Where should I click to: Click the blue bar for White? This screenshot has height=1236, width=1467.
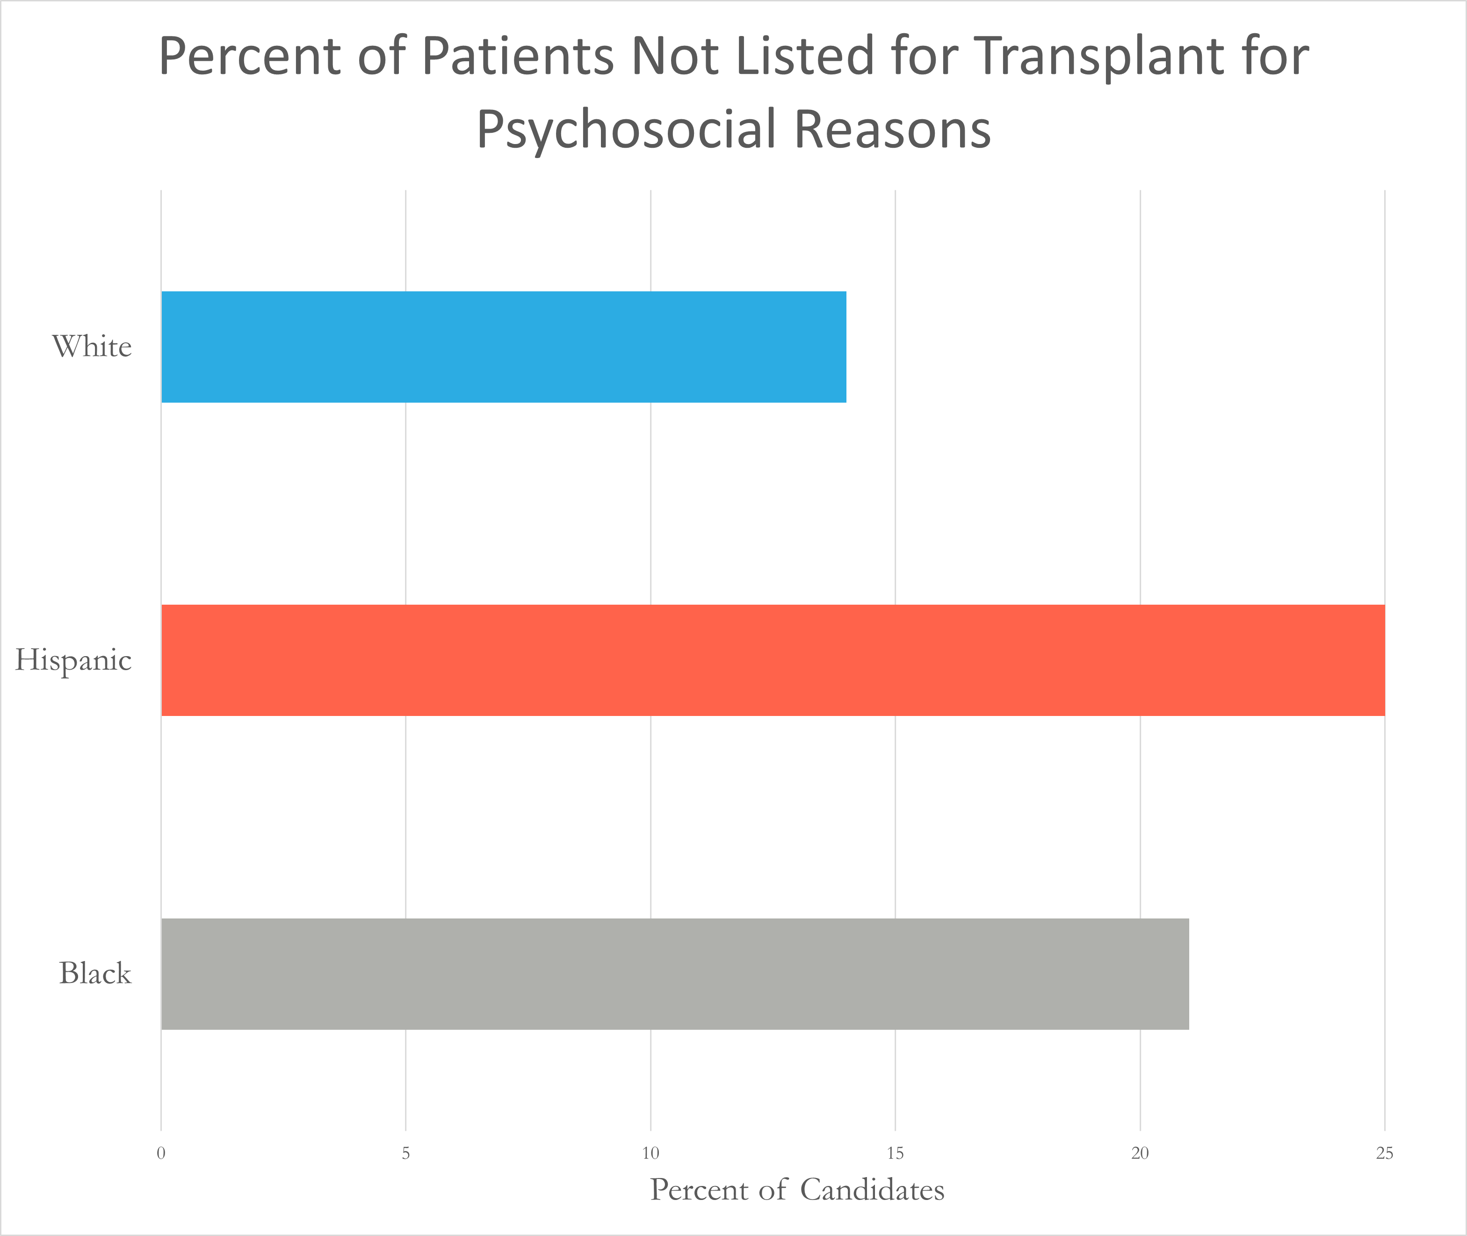[x=503, y=347]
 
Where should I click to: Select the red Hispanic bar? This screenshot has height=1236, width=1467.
[x=773, y=660]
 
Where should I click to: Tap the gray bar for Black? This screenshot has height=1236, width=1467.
[x=675, y=974]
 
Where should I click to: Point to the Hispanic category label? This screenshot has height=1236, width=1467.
[x=73, y=660]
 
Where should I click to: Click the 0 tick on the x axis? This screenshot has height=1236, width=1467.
[x=161, y=1153]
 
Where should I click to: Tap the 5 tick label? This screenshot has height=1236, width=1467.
[x=405, y=1153]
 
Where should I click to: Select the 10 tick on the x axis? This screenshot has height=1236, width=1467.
[x=650, y=1153]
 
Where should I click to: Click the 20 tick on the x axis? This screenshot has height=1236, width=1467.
[x=1140, y=1153]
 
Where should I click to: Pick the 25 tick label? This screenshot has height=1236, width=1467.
[x=1384, y=1153]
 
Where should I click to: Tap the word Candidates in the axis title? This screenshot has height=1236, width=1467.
[x=872, y=1190]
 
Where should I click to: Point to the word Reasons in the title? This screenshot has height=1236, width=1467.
[x=893, y=130]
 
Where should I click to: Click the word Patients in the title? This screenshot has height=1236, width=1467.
[x=519, y=56]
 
